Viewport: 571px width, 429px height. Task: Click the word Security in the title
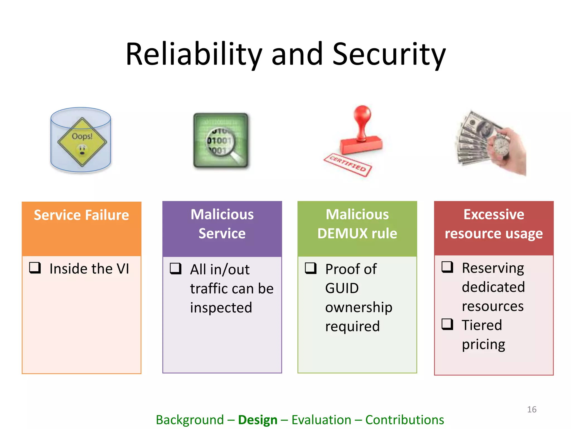[x=389, y=54]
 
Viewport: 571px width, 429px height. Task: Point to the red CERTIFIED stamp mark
[x=348, y=165]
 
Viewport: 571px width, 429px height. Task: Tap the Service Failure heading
[x=81, y=215]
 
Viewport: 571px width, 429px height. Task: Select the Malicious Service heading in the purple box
[x=222, y=224]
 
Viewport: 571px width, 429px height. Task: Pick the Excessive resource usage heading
[x=493, y=224]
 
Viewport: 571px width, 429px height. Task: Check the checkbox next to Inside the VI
[x=35, y=268]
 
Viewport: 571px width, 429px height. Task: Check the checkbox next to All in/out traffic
[x=176, y=268]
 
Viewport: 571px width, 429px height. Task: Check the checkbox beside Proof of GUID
[x=311, y=268]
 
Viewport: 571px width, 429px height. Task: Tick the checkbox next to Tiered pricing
[x=447, y=324]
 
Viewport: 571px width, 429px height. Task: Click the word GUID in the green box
[x=342, y=288]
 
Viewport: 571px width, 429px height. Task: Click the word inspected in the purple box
[x=221, y=308]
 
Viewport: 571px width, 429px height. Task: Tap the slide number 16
[x=532, y=409]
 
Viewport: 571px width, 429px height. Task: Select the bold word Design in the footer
[x=258, y=420]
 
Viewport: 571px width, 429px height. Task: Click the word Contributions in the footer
[x=405, y=420]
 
